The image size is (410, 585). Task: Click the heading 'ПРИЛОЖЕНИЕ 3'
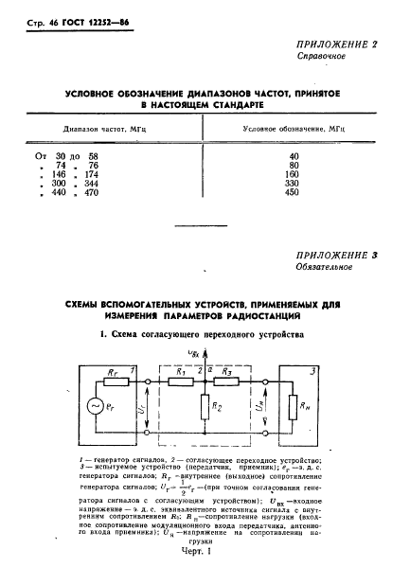pyautogui.click(x=342, y=256)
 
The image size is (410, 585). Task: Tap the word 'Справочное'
pyautogui.click(x=319, y=57)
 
